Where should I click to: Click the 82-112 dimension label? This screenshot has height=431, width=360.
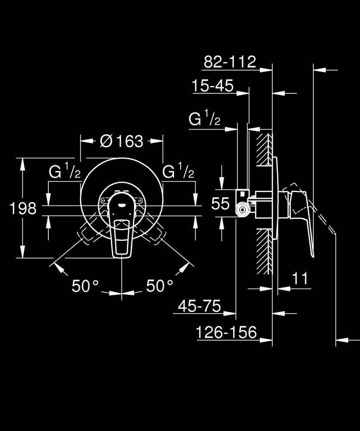coord(230,62)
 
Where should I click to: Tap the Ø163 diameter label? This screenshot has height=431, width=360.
coord(121,141)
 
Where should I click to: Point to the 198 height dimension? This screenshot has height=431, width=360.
coord(23,208)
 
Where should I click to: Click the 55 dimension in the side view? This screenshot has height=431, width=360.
coord(220,203)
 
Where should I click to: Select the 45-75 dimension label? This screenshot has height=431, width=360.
coord(199,307)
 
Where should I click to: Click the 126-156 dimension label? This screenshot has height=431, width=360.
coord(226,333)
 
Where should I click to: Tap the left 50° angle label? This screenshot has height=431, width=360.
coord(85,286)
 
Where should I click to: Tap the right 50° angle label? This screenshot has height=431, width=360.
coord(160,286)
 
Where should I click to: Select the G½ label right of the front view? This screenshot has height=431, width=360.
coord(178,173)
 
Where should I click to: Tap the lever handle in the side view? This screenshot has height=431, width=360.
coord(304,224)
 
